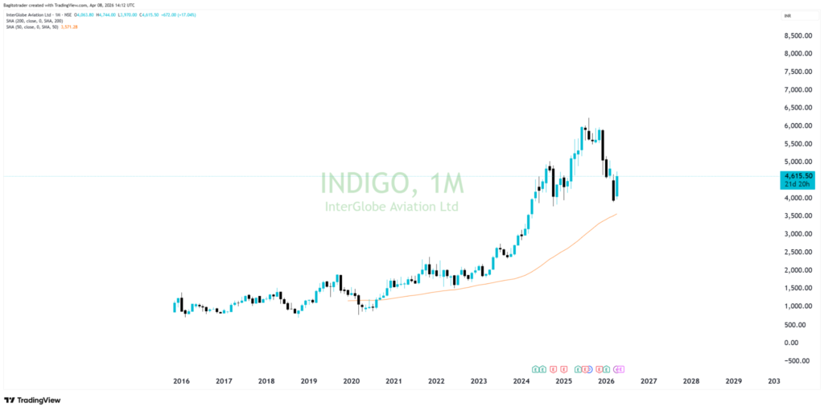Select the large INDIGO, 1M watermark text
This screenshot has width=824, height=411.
pyautogui.click(x=392, y=184)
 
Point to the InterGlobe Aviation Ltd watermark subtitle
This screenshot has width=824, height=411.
pyautogui.click(x=392, y=207)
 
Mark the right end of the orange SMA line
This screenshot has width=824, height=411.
pyautogui.click(x=616, y=214)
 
